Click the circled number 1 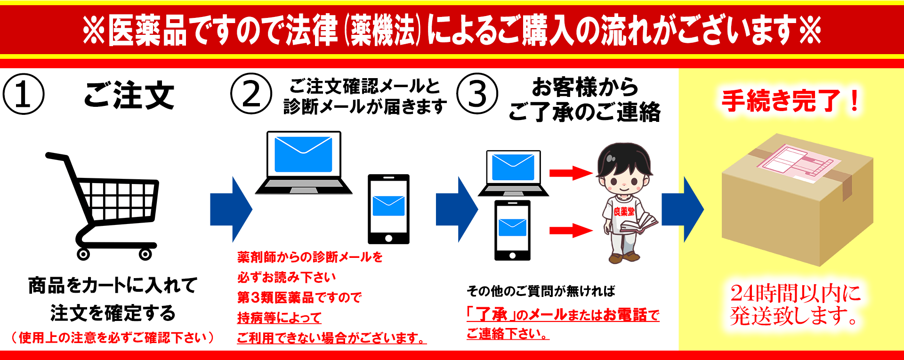pos(24,94)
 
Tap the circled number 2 pos(251,94)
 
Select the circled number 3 pos(477,94)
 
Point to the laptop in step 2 pos(304,162)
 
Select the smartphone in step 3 pos(512,230)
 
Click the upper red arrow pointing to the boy pos(571,173)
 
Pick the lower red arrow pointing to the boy pos(571,231)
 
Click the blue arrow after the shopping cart pos(231,209)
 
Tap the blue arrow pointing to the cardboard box pos(682,209)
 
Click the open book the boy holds pos(638,224)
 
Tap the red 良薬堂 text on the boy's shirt pos(624,212)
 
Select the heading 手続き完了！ pos(791,101)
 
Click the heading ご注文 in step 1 pos(129,95)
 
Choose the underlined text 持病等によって pos(279,318)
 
